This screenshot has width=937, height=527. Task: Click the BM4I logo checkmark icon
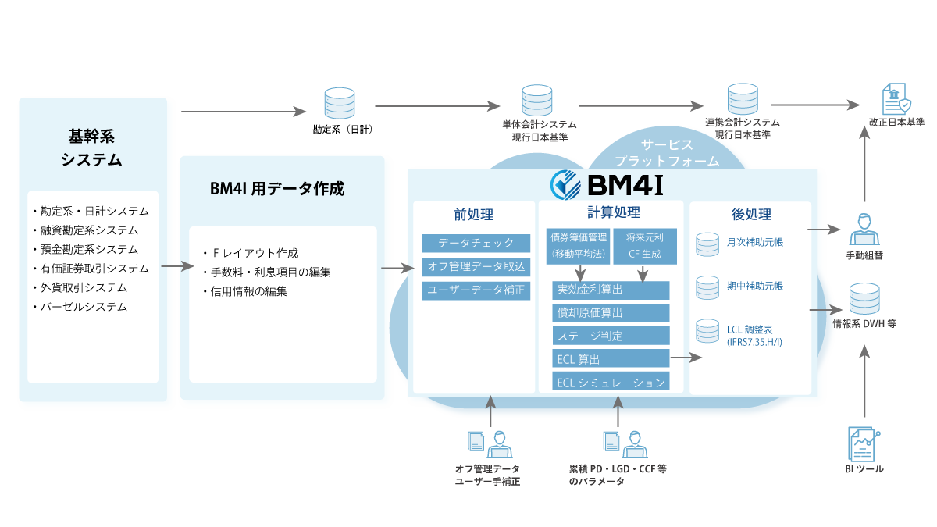(564, 185)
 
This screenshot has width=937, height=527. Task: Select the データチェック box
(476, 243)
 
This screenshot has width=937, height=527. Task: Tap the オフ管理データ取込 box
(476, 267)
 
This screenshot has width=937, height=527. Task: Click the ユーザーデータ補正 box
(476, 290)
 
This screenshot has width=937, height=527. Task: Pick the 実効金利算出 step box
(611, 290)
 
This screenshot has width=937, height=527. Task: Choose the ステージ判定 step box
(611, 336)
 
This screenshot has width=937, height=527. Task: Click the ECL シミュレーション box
(611, 383)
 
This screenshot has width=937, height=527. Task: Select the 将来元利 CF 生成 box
(644, 246)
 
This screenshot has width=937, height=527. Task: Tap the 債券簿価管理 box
(579, 246)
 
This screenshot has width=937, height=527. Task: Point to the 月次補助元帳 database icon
(707, 244)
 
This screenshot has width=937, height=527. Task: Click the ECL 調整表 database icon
(707, 331)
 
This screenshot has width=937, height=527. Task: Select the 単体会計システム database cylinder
(538, 101)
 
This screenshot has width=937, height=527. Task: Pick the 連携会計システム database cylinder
(743, 99)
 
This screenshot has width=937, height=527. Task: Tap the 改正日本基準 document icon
(895, 100)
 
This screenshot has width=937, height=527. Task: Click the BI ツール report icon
(863, 443)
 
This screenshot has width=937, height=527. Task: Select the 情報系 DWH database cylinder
(864, 299)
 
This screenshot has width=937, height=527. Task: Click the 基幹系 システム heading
(91, 148)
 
